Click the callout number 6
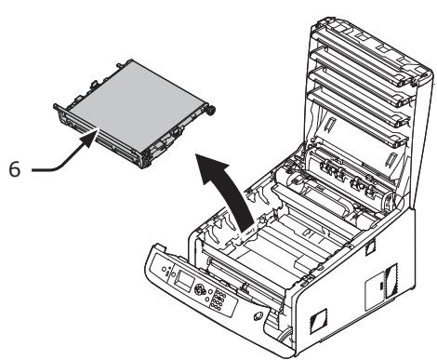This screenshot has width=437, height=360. [15, 169]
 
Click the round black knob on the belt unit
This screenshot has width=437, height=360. [211, 111]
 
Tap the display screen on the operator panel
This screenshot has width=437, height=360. [185, 282]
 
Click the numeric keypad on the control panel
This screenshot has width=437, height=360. [218, 300]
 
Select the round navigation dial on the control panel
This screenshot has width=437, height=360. [200, 290]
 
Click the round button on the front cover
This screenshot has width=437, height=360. [258, 316]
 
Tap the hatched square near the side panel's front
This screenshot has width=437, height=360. [318, 319]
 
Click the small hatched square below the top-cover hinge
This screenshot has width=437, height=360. [370, 248]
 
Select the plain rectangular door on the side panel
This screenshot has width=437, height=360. [375, 291]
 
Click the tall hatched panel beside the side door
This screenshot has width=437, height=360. [391, 281]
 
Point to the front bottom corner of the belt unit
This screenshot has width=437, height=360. [143, 167]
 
